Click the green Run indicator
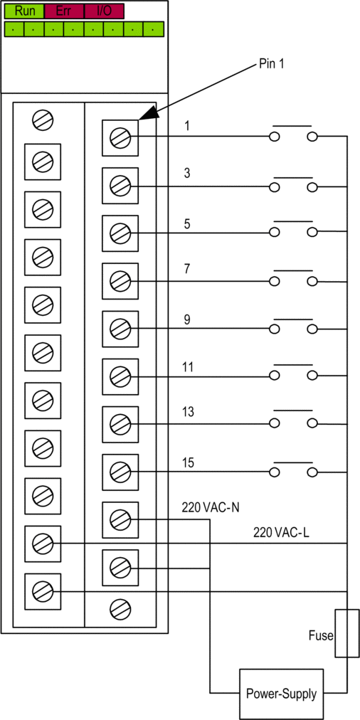pos(24,11)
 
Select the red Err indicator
pos(64,11)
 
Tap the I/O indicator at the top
pos(105,11)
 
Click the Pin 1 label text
pos(272,64)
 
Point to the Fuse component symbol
pos(346,633)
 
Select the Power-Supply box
pos(281,694)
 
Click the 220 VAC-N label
pos(211,508)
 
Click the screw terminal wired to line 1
pos(120,137)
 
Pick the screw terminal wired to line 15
pos(120,472)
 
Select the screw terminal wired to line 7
pos(120,280)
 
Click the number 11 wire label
pos(189,367)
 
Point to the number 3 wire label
pos(187,174)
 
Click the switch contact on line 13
pos(293,418)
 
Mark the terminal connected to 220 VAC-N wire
pos(120,520)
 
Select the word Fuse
pos(321,636)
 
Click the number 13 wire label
pos(189,412)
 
